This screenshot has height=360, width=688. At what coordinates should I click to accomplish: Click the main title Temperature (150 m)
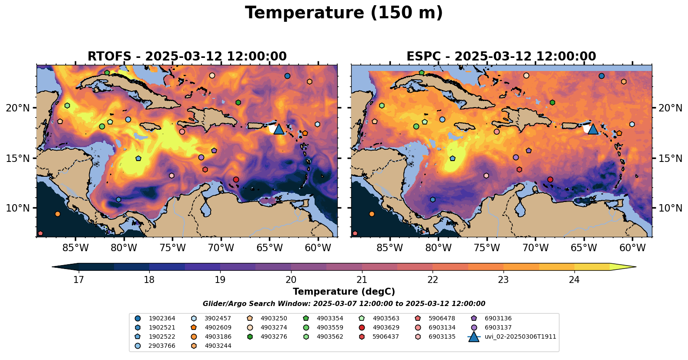click(344, 13)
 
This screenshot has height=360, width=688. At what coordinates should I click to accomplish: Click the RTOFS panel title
click(187, 57)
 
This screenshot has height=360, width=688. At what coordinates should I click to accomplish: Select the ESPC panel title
click(501, 57)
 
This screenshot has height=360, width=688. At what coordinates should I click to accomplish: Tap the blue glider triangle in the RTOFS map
click(279, 129)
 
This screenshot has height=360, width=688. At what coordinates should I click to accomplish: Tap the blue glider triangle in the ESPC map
click(593, 129)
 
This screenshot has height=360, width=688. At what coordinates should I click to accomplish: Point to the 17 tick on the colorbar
click(78, 279)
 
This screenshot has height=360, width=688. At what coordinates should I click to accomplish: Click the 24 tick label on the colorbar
click(574, 279)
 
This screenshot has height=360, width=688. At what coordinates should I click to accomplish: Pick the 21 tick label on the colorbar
click(362, 279)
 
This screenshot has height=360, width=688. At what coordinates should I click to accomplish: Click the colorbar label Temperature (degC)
click(344, 292)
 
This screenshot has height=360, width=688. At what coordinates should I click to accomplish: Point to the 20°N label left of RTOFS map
click(18, 108)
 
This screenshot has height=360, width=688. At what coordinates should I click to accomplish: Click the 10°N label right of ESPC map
click(670, 208)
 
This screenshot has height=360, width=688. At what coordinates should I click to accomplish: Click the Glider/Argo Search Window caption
click(344, 304)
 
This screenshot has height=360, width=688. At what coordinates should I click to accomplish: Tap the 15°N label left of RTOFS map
click(18, 158)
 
